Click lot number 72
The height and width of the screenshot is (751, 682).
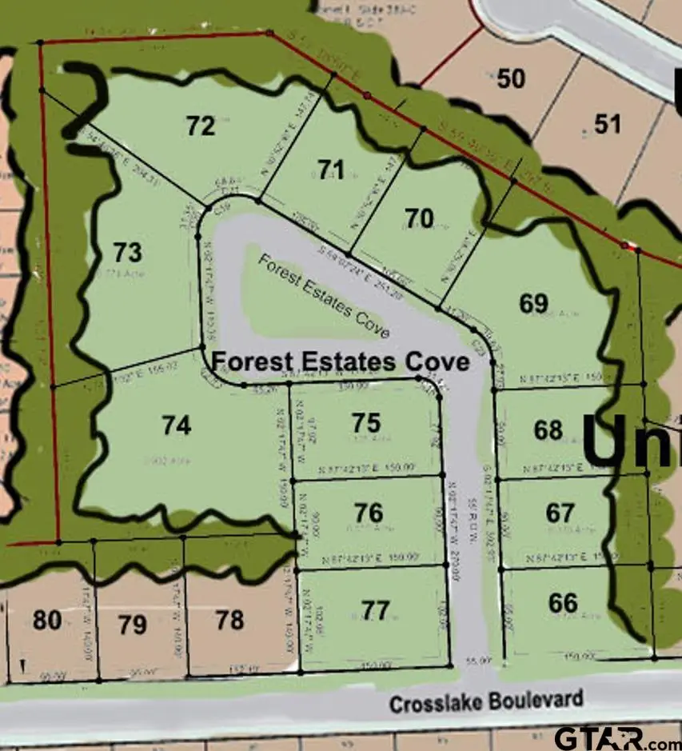pyautogui.click(x=201, y=126)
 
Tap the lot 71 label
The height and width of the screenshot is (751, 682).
pyautogui.click(x=330, y=170)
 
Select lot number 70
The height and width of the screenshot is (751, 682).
pyautogui.click(x=419, y=218)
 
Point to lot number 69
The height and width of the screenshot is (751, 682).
pyautogui.click(x=534, y=304)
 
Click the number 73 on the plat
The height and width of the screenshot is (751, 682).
pyautogui.click(x=127, y=253)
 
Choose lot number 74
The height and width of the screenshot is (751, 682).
pyautogui.click(x=176, y=426)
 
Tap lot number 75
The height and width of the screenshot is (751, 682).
pyautogui.click(x=366, y=423)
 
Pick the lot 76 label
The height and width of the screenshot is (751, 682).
pyautogui.click(x=369, y=512)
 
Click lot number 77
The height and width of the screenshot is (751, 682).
pyautogui.click(x=376, y=611)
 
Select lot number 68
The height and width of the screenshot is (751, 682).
pyautogui.click(x=548, y=430)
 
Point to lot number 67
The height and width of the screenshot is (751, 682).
pyautogui.click(x=560, y=512)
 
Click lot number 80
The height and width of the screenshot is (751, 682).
pyautogui.click(x=47, y=620)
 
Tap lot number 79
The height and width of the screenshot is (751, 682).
pyautogui.click(x=132, y=624)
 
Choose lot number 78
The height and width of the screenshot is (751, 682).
pyautogui.click(x=229, y=619)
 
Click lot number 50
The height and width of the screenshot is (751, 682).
pyautogui.click(x=511, y=78)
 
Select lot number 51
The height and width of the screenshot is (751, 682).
pyautogui.click(x=607, y=123)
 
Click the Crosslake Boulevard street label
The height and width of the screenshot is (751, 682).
pyautogui.click(x=486, y=702)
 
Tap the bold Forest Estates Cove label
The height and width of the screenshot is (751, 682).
pyautogui.click(x=340, y=362)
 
